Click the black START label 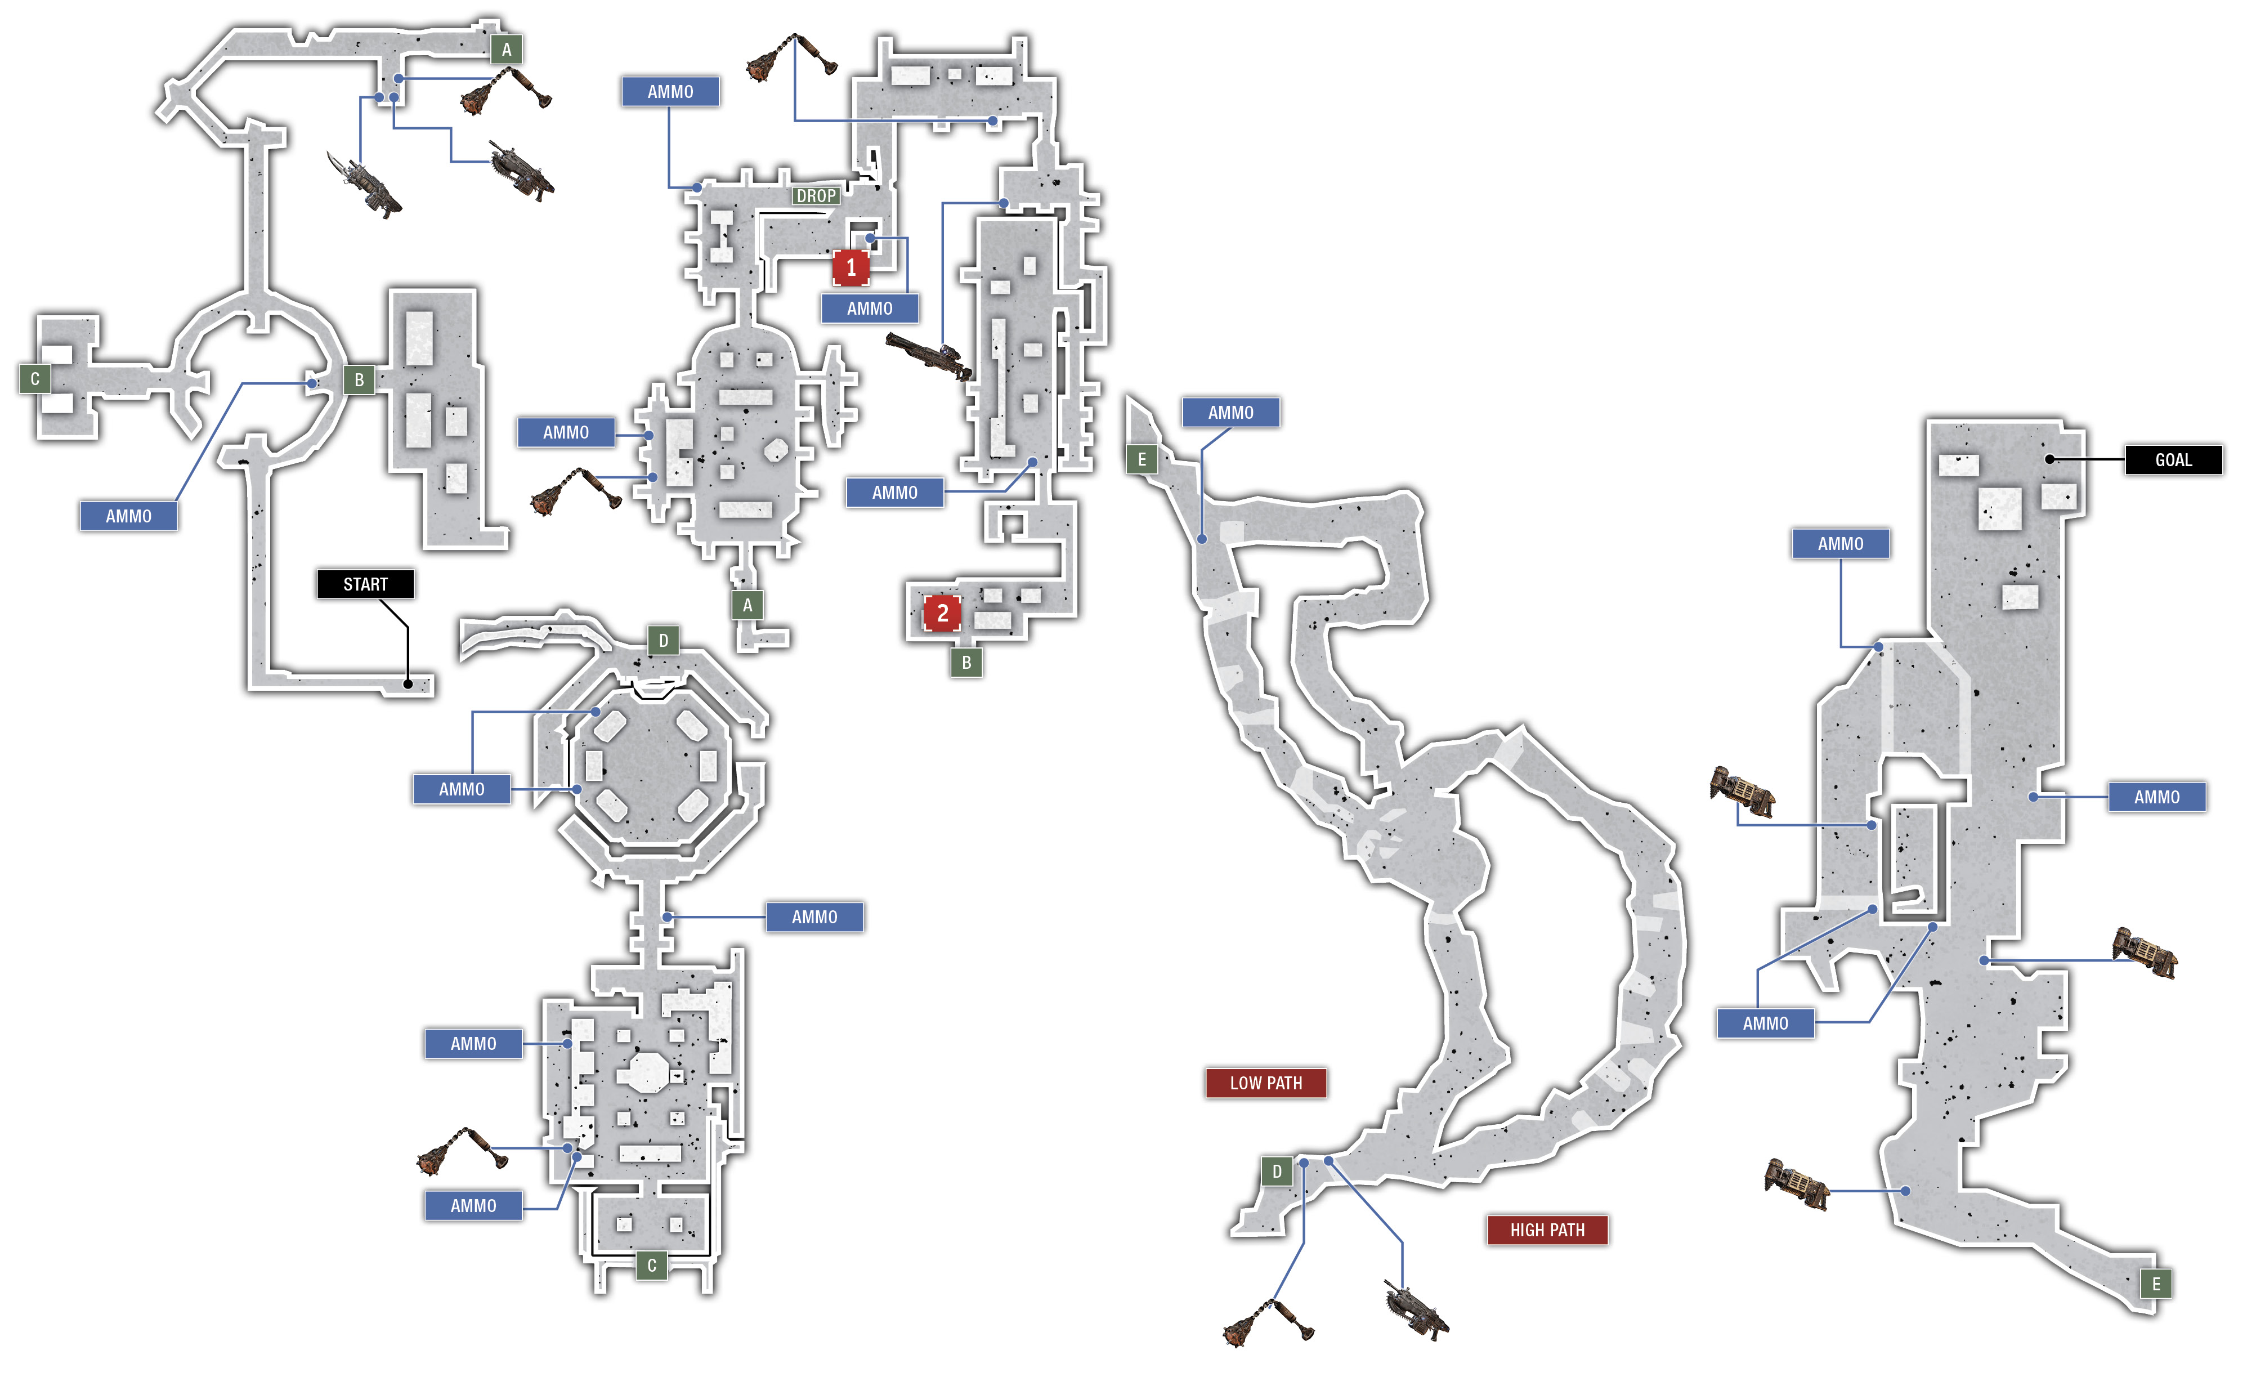[x=366, y=584]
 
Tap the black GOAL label [x=2173, y=459]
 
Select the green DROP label [x=816, y=196]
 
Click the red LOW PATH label [x=1266, y=1083]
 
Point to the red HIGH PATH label [x=1547, y=1230]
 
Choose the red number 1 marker [x=851, y=267]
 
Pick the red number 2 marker [x=942, y=613]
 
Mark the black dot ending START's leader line [x=408, y=683]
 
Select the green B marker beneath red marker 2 [x=966, y=663]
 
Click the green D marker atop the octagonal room [x=663, y=640]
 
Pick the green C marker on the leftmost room [x=35, y=378]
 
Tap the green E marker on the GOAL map [x=2156, y=1284]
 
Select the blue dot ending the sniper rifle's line [x=1003, y=203]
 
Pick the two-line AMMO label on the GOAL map [x=1766, y=1023]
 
